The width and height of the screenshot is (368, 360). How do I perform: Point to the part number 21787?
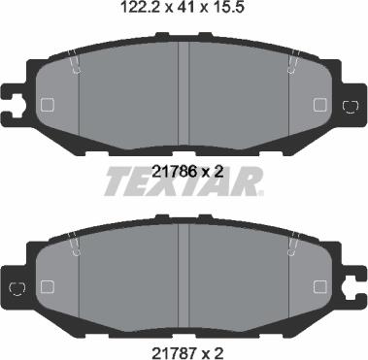[173, 342]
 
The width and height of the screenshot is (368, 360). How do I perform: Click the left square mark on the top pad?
[48, 106]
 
